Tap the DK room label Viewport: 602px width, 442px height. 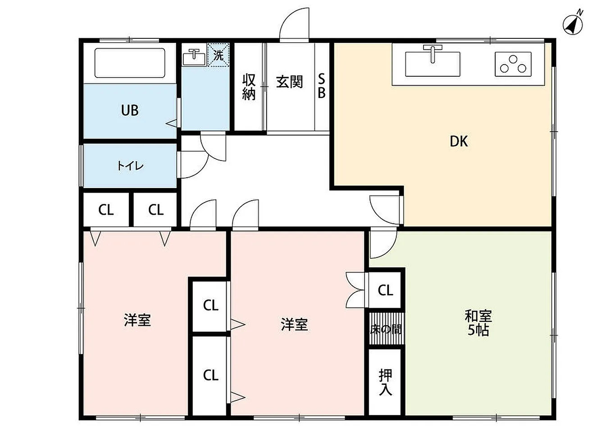[x=459, y=142]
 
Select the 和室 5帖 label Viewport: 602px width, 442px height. [x=478, y=322]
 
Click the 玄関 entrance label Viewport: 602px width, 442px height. [x=289, y=82]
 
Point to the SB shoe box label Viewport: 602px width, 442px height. [x=322, y=86]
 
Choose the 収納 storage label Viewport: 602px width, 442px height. [x=249, y=87]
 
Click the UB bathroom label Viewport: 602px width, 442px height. [x=130, y=110]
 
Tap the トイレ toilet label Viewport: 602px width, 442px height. [x=130, y=166]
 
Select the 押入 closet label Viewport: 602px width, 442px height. [x=385, y=382]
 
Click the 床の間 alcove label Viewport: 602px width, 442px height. [x=386, y=329]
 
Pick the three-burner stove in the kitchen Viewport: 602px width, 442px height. [x=513, y=64]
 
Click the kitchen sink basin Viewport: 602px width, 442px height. [x=433, y=64]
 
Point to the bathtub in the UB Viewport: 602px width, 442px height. [x=130, y=63]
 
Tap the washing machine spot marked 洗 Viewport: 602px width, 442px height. [x=219, y=55]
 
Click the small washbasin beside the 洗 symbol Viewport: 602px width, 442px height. [x=194, y=57]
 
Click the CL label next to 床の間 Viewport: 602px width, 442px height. [x=385, y=290]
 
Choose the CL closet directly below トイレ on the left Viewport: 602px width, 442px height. [x=106, y=210]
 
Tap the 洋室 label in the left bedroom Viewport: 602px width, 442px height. [x=137, y=321]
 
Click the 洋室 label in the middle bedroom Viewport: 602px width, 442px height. [x=294, y=324]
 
